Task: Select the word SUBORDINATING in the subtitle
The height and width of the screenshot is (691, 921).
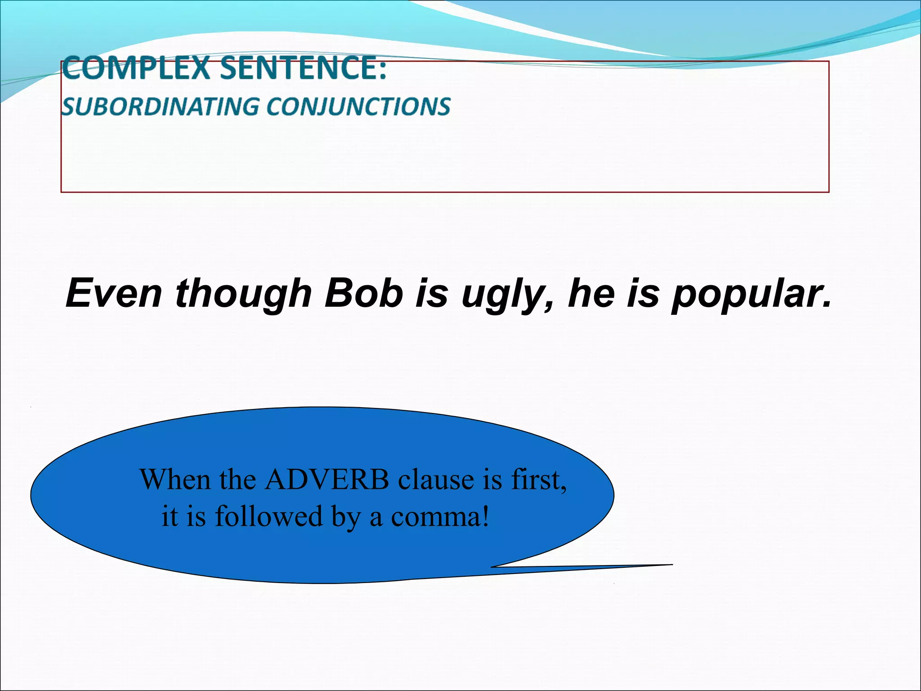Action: [160, 107]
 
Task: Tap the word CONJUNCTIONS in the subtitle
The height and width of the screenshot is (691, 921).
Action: [358, 107]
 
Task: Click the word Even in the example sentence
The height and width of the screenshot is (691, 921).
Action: [113, 293]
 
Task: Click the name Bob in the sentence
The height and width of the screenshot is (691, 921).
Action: [364, 293]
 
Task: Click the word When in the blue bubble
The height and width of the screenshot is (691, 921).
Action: [175, 480]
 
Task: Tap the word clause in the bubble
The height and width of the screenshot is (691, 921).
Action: [436, 480]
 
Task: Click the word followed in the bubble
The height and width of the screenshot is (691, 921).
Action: [268, 516]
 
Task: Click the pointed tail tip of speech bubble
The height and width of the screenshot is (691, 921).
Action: [672, 565]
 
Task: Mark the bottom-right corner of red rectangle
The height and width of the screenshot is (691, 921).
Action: [828, 192]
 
